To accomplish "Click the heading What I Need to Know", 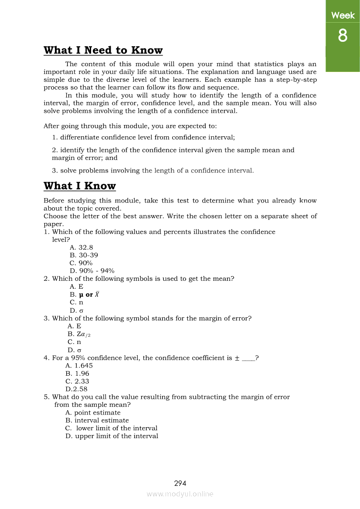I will point(103,51).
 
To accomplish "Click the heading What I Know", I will point(80,186).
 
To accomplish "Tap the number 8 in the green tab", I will point(343,36).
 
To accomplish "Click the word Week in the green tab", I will point(343,16).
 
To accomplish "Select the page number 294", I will point(180,483).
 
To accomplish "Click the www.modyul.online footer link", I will point(180,494).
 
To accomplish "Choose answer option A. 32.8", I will point(81,248).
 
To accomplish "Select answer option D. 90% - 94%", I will point(92,271).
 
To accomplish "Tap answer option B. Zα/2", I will point(79,334).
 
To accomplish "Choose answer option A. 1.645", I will point(79,366).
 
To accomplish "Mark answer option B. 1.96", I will point(77,374).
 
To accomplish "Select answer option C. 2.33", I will point(77,381).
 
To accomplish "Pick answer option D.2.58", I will point(76,389).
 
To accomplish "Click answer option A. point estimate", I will point(93,413).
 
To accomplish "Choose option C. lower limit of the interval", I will point(111,428).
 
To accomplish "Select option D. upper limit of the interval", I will point(112,436).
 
